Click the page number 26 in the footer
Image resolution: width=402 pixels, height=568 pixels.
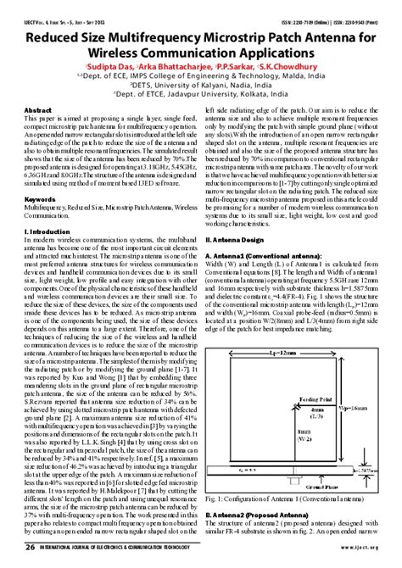pos(29,549)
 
